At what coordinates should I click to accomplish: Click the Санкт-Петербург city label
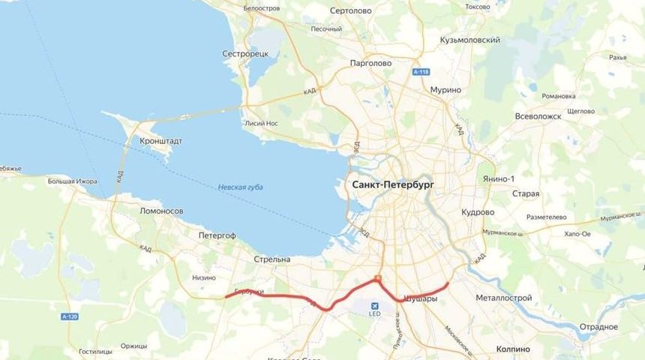393,184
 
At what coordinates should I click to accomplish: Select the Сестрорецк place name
245,54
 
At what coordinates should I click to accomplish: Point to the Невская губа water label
241,187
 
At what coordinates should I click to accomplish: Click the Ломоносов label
161,211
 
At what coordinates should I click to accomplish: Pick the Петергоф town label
217,235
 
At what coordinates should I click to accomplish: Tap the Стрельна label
271,259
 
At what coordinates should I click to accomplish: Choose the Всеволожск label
538,116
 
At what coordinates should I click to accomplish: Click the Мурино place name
445,90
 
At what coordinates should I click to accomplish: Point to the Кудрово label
477,212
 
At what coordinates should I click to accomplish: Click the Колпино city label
513,349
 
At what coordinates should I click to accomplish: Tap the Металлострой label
503,298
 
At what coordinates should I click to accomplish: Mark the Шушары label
420,298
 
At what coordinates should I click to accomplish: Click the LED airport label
374,313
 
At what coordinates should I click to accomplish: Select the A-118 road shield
421,72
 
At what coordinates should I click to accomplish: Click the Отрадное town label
598,327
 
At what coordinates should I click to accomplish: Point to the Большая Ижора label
73,181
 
